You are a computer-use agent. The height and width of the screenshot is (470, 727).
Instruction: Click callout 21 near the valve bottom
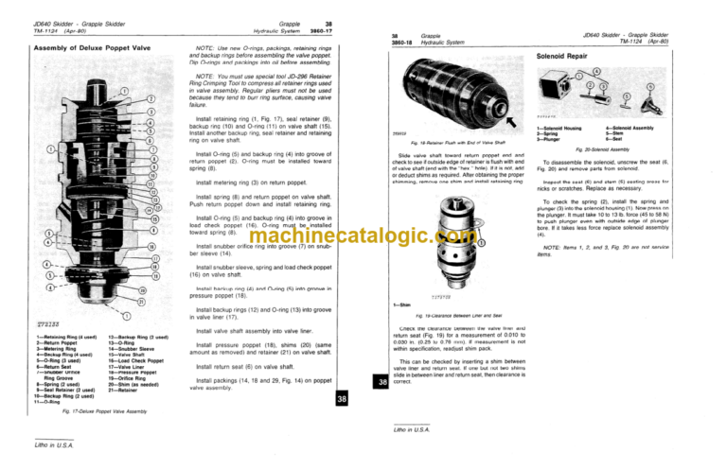(143, 301)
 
